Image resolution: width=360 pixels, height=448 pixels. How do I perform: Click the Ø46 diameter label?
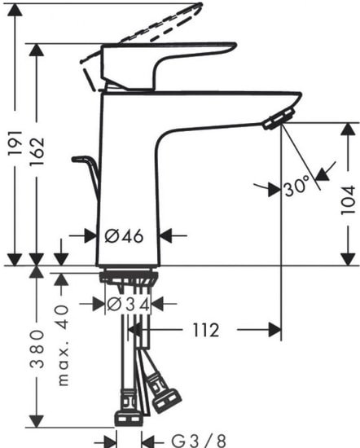(125, 236)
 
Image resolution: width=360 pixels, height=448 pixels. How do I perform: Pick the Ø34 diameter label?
(130, 304)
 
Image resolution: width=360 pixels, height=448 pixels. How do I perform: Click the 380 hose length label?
(36, 350)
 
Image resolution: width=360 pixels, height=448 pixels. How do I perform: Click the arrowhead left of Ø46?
(90, 235)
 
